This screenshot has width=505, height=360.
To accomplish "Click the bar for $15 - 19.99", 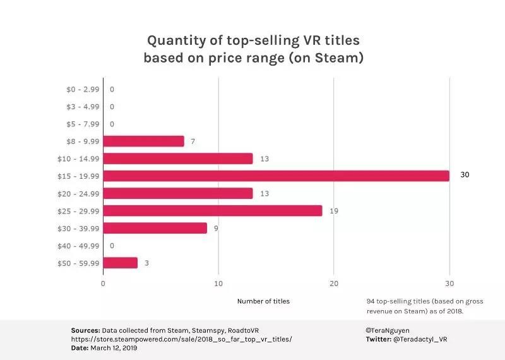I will pyautogui.click(x=276, y=176).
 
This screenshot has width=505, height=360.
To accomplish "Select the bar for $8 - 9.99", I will pyautogui.click(x=143, y=141).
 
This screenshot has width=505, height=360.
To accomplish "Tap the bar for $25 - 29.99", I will pyautogui.click(x=213, y=210).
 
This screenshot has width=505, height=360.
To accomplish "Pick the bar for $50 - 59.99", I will pyautogui.click(x=120, y=263).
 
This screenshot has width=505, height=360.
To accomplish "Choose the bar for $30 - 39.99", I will pyautogui.click(x=155, y=228).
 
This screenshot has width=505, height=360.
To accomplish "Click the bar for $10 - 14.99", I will pyautogui.click(x=178, y=159).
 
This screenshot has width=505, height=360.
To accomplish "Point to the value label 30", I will pyautogui.click(x=465, y=175).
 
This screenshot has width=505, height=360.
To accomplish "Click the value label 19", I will pyautogui.click(x=334, y=210).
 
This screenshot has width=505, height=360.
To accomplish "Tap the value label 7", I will pyautogui.click(x=193, y=141).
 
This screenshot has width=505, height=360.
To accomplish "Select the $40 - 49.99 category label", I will pyautogui.click(x=82, y=246).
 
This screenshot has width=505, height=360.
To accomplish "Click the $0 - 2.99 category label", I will pyautogui.click(x=82, y=89).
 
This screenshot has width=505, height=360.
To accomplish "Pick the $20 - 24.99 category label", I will pyautogui.click(x=82, y=193).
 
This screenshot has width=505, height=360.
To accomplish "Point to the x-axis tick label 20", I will pyautogui.click(x=334, y=284).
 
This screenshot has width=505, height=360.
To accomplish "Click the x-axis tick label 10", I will pyautogui.click(x=218, y=284).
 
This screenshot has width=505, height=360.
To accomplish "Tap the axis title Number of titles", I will pyautogui.click(x=263, y=301).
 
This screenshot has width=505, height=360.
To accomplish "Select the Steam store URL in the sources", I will pyautogui.click(x=181, y=339).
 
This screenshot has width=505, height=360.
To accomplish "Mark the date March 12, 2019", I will pyautogui.click(x=114, y=348).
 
